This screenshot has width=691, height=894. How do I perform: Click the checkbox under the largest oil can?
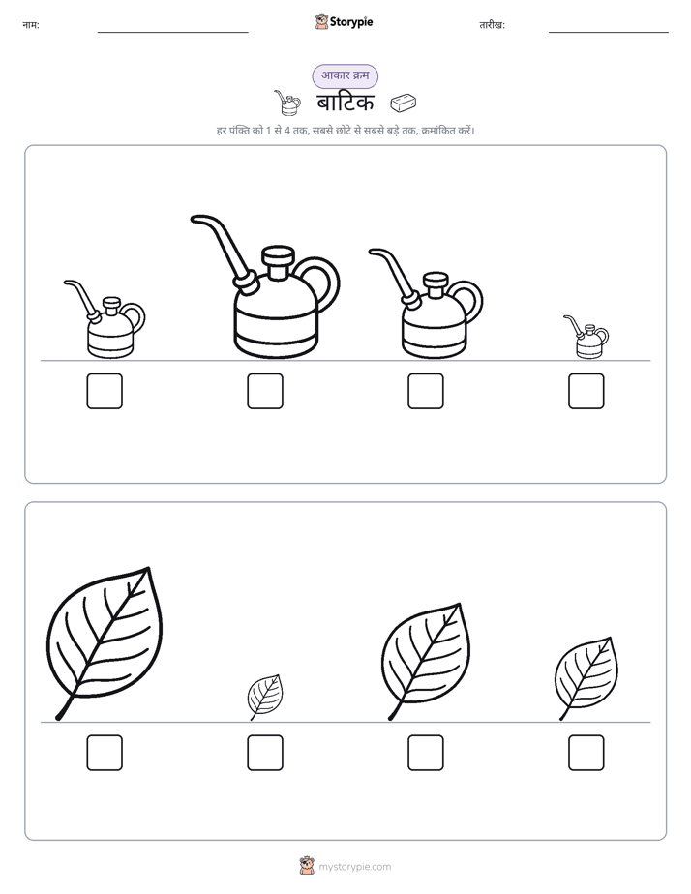[x=265, y=391]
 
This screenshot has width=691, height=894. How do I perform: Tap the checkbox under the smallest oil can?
[x=586, y=391]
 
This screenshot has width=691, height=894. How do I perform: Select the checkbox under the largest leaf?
[x=105, y=753]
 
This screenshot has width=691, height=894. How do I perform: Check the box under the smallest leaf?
[x=265, y=753]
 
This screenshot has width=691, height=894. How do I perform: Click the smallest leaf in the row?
[x=265, y=697]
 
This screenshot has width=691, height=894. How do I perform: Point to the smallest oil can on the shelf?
[x=586, y=337]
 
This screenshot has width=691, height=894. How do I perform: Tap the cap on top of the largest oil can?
[x=278, y=261]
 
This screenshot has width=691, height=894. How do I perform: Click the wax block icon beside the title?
[x=403, y=103]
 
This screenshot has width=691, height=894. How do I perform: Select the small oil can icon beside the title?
[x=287, y=103]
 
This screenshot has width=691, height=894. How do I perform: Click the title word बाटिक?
[x=345, y=104]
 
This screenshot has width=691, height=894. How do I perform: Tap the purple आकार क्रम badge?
[x=345, y=75]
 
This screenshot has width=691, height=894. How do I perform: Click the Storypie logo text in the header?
[x=351, y=22]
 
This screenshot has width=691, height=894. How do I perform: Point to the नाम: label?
[x=31, y=25]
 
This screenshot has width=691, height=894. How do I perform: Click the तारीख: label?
[x=492, y=25]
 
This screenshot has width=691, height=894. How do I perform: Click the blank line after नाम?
[x=172, y=33]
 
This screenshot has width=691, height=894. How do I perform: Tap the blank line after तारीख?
[x=609, y=33]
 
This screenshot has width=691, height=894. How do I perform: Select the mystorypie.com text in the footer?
[x=354, y=867]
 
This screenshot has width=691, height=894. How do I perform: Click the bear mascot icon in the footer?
[x=307, y=866]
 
